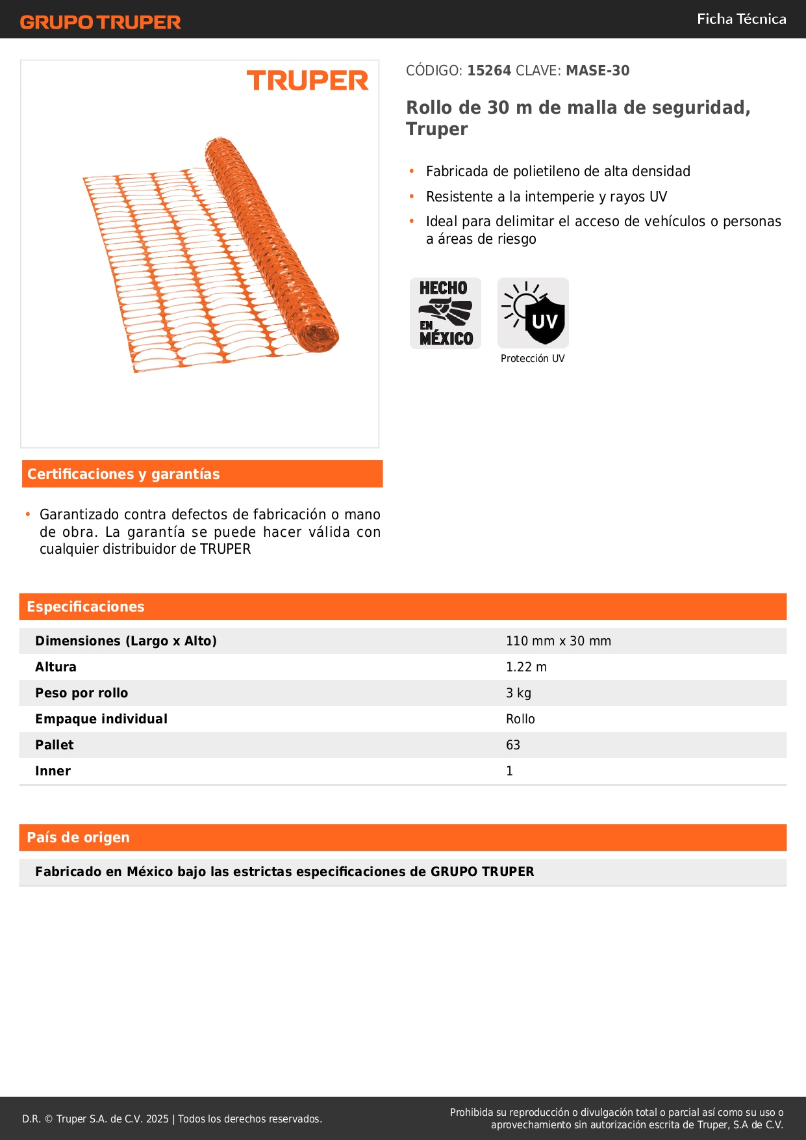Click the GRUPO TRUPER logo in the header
100,22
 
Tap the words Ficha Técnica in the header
741,19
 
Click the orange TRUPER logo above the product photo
307,81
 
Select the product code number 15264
489,71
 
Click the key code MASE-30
598,71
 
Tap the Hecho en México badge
446,313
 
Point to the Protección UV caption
533,359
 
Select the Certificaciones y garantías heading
123,474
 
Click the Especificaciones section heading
86,607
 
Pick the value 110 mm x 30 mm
559,641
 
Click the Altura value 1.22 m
526,667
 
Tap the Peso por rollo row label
82,693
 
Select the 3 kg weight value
518,693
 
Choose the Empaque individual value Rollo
520,719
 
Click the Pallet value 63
513,745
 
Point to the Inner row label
53,771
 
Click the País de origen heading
78,838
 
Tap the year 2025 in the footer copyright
157,1119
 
